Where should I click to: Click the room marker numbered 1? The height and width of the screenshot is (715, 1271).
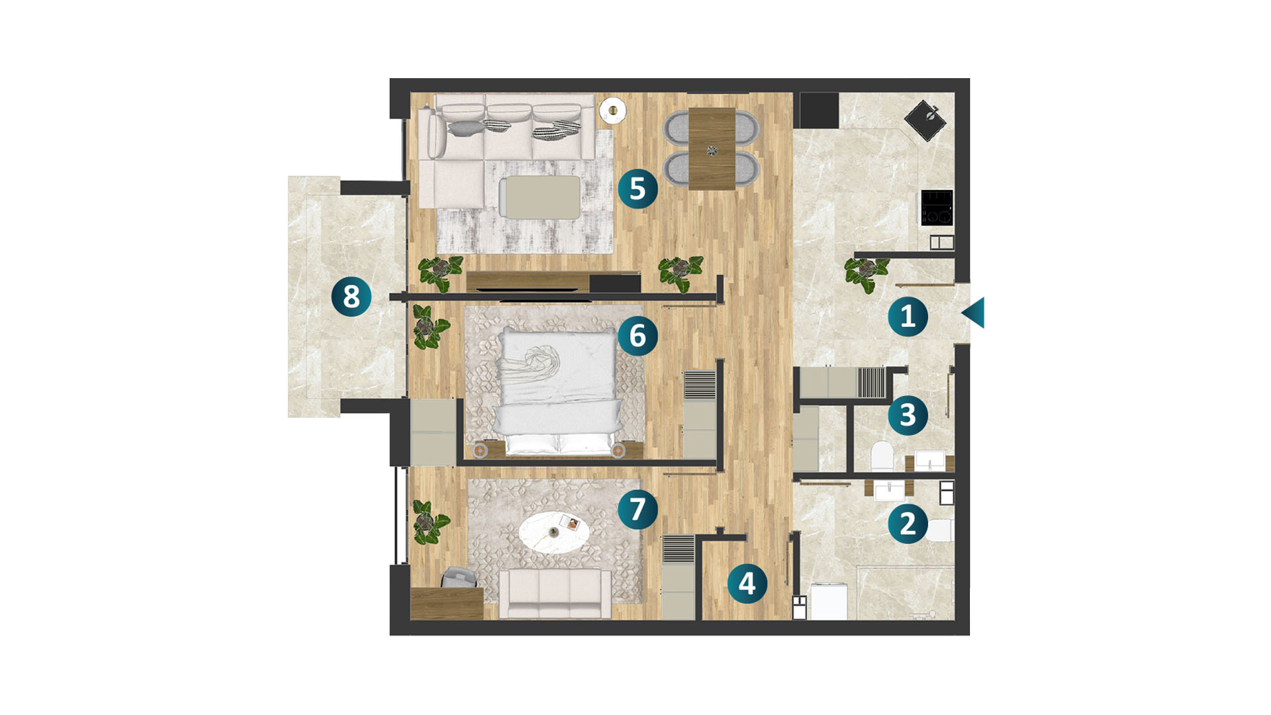point(908,316)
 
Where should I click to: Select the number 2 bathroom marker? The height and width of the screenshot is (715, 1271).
point(908,524)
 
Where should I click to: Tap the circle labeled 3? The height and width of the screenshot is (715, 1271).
point(908,415)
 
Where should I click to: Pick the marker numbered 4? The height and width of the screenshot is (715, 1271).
point(747,584)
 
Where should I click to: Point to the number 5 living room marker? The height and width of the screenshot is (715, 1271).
point(637,189)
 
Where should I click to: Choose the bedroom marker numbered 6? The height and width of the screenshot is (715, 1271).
point(637,336)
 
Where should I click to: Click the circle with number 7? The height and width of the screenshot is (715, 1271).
point(637,509)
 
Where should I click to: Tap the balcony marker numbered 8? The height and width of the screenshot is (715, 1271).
point(352,296)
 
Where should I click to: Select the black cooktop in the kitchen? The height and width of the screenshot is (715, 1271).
point(937,207)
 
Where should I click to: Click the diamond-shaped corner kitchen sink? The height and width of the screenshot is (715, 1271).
point(925,120)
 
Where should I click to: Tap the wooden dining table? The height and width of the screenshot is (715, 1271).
point(712,149)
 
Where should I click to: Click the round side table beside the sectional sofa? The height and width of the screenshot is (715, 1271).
point(612,110)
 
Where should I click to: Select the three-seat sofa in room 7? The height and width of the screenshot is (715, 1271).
point(555,593)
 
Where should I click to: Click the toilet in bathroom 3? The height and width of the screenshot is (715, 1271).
point(882,456)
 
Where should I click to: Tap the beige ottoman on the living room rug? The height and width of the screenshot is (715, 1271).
point(540,197)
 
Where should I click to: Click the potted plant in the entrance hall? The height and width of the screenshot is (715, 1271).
point(866,273)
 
